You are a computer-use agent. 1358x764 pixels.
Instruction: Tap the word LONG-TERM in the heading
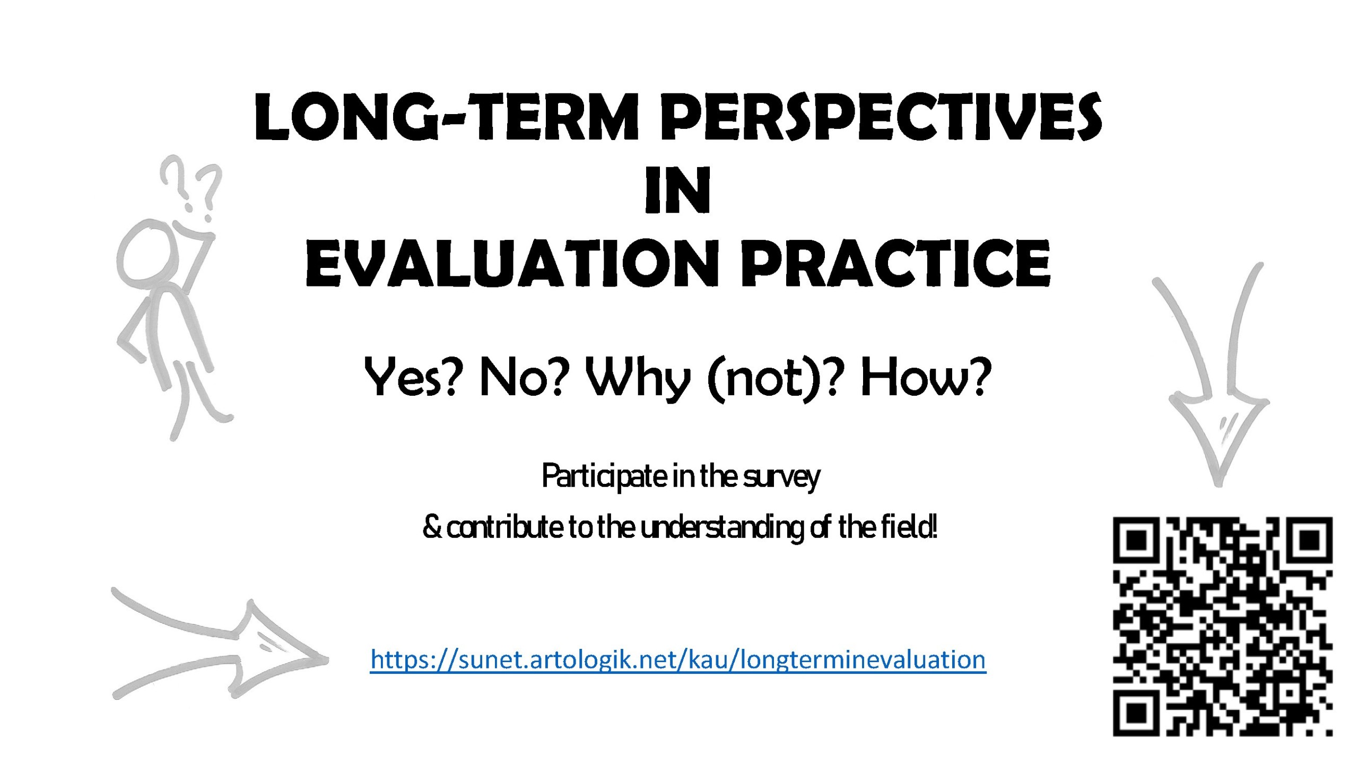447,117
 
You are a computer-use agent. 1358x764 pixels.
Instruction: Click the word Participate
604,476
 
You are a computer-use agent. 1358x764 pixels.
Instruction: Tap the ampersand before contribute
432,527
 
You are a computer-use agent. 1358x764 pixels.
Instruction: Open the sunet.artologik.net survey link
678,660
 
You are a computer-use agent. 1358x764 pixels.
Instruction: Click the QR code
1223,627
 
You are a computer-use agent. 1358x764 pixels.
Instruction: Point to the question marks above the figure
191,187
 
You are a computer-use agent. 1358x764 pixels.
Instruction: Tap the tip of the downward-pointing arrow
1218,484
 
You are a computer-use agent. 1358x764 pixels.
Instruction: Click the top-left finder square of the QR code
1136,541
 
